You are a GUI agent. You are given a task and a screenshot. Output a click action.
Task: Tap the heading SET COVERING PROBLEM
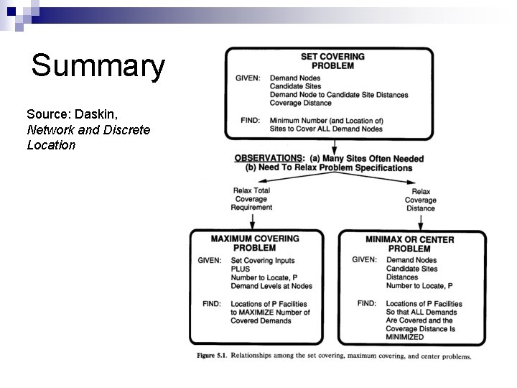332,61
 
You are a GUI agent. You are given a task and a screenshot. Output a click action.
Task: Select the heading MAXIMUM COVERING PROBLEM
255,243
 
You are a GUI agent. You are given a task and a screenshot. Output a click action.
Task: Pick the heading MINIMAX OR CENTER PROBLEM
409,244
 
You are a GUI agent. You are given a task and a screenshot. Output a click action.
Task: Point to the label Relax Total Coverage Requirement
251,199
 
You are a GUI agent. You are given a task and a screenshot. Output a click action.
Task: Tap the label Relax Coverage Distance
420,200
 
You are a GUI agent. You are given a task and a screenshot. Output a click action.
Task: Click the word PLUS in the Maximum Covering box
241,269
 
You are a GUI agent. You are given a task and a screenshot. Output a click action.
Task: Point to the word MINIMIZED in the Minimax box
405,336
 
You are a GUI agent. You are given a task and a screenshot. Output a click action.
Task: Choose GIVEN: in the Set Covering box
248,78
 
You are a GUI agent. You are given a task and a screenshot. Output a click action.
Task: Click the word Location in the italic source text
51,145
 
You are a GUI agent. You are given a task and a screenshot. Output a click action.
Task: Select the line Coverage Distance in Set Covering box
300,103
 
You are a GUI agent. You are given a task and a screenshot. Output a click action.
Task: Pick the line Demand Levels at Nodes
271,286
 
